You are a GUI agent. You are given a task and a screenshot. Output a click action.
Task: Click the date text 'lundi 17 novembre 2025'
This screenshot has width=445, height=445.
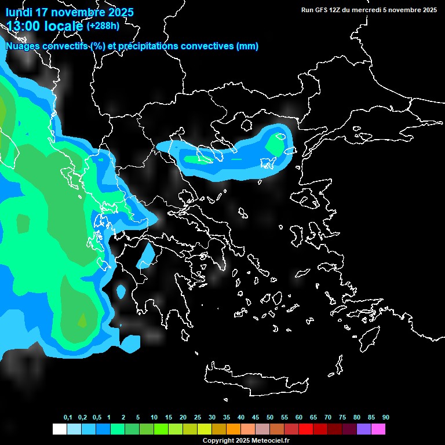(x=70, y=12)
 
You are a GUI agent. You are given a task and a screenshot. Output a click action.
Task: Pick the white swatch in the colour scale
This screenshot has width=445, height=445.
(x=59, y=429)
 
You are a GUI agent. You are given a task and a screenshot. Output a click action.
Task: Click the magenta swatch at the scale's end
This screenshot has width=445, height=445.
(x=378, y=429)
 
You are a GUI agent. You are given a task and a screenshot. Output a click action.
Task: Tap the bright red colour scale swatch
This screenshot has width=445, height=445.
(x=305, y=429)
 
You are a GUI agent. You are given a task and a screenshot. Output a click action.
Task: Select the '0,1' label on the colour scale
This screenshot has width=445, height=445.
(x=68, y=418)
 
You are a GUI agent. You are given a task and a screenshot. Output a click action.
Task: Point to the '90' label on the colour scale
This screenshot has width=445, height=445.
(x=385, y=418)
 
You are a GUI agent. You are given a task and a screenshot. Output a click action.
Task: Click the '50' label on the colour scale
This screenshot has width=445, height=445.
(x=270, y=418)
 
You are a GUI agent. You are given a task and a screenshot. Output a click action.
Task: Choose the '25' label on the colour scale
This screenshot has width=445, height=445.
(x=198, y=418)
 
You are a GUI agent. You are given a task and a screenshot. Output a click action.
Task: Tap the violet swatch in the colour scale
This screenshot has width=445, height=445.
(x=363, y=429)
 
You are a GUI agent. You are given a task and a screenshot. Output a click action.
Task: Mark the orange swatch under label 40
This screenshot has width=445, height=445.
(x=233, y=429)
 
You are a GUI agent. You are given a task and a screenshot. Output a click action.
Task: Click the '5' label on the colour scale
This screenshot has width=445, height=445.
(x=137, y=418)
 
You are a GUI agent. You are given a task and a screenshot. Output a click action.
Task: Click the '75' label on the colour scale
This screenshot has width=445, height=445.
(x=342, y=418)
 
